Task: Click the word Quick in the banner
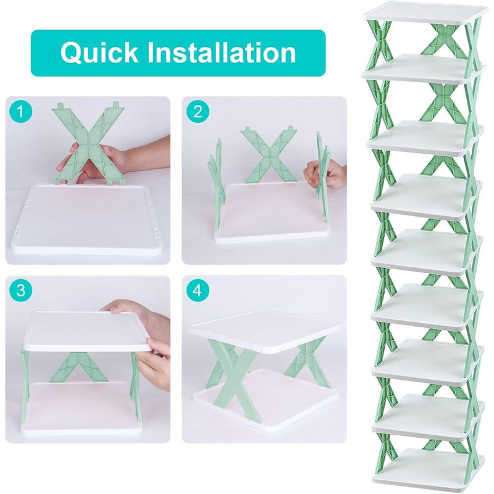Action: [99, 53]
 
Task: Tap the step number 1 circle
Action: [20, 112]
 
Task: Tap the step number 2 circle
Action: [198, 112]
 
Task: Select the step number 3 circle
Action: [20, 290]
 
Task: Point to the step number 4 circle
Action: [198, 290]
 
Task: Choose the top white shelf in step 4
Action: [265, 331]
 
